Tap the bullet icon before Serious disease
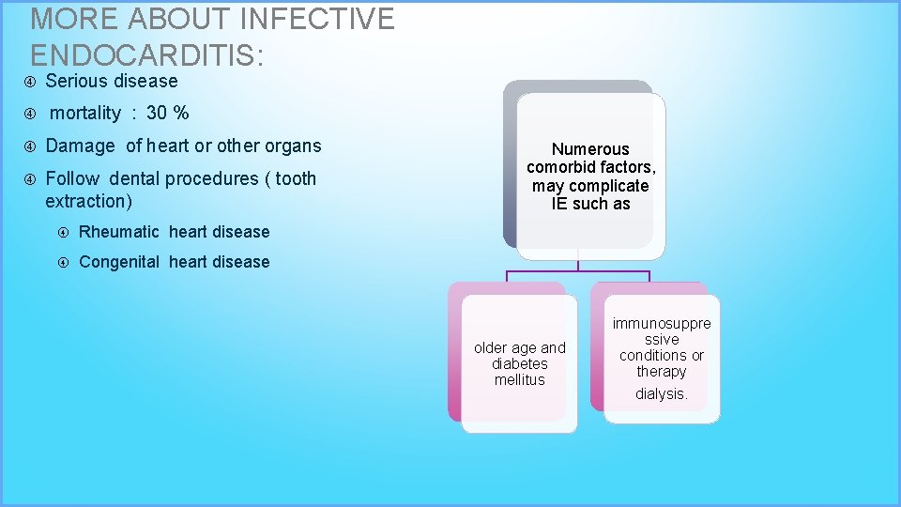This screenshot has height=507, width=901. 29,82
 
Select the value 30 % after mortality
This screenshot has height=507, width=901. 168,114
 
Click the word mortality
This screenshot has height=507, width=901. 85,114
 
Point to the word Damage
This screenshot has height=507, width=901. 80,146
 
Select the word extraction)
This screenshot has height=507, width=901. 89,201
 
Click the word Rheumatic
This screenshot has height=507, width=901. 119,232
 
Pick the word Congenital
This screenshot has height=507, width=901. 119,262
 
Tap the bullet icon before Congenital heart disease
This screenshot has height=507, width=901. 64,263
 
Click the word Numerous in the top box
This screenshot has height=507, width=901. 590,149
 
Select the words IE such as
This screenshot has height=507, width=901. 590,204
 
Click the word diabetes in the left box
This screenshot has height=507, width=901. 519,363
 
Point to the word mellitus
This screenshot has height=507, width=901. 519,379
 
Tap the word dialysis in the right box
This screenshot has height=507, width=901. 661,394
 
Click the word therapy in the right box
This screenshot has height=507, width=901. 661,372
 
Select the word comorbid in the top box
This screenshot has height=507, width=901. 560,167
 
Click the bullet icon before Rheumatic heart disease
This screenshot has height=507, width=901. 64,233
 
